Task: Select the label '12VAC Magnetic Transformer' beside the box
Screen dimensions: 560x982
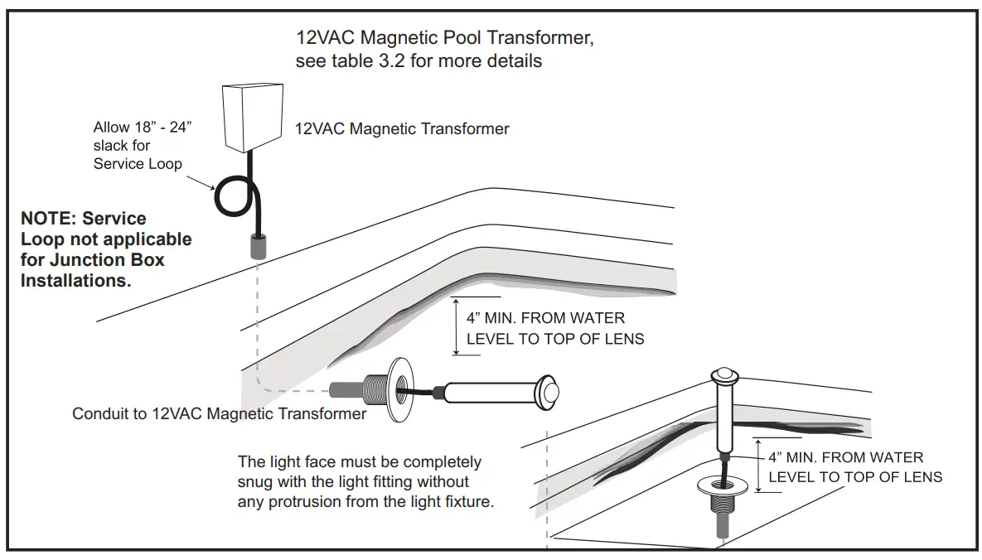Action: click(402, 128)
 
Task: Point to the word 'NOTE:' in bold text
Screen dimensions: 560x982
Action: click(48, 219)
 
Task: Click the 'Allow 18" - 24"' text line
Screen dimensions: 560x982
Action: click(143, 128)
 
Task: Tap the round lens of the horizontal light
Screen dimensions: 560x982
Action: click(549, 393)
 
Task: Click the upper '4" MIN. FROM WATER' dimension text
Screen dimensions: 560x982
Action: click(546, 318)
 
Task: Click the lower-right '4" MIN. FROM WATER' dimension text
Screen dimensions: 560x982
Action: click(845, 457)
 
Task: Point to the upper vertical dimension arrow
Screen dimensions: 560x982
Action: click(456, 326)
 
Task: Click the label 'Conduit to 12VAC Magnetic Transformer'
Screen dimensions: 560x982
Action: click(219, 413)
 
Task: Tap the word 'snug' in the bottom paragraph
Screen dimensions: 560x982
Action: click(256, 482)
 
